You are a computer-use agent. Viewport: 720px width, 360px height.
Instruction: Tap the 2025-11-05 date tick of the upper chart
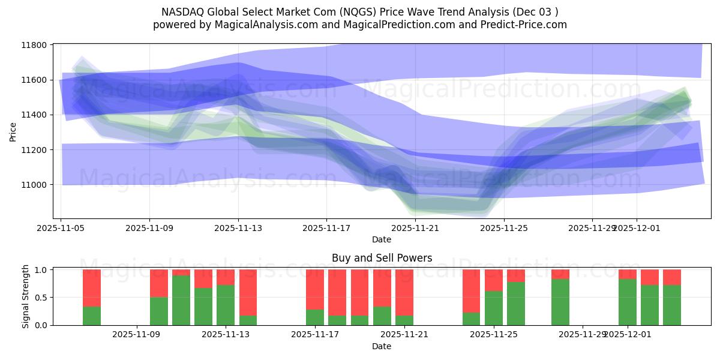pyautogui.click(x=61, y=228)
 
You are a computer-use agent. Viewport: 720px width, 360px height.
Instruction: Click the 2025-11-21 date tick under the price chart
pyautogui.click(x=415, y=228)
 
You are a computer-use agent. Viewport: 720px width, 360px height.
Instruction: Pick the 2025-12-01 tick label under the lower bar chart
pyautogui.click(x=628, y=334)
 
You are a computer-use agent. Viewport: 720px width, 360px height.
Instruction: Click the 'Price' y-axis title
pyautogui.click(x=13, y=131)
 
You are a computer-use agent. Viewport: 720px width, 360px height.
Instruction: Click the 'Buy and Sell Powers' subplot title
pyautogui.click(x=382, y=259)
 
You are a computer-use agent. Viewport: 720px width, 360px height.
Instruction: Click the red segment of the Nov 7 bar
pyautogui.click(x=92, y=288)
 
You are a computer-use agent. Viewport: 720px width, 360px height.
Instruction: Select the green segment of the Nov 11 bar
pyautogui.click(x=181, y=300)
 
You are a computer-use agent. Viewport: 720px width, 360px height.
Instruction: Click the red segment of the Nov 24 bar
pyautogui.click(x=472, y=291)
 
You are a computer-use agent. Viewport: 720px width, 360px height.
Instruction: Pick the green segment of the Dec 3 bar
pyautogui.click(x=672, y=305)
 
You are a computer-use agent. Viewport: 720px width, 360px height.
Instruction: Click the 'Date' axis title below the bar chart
pyautogui.click(x=382, y=346)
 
